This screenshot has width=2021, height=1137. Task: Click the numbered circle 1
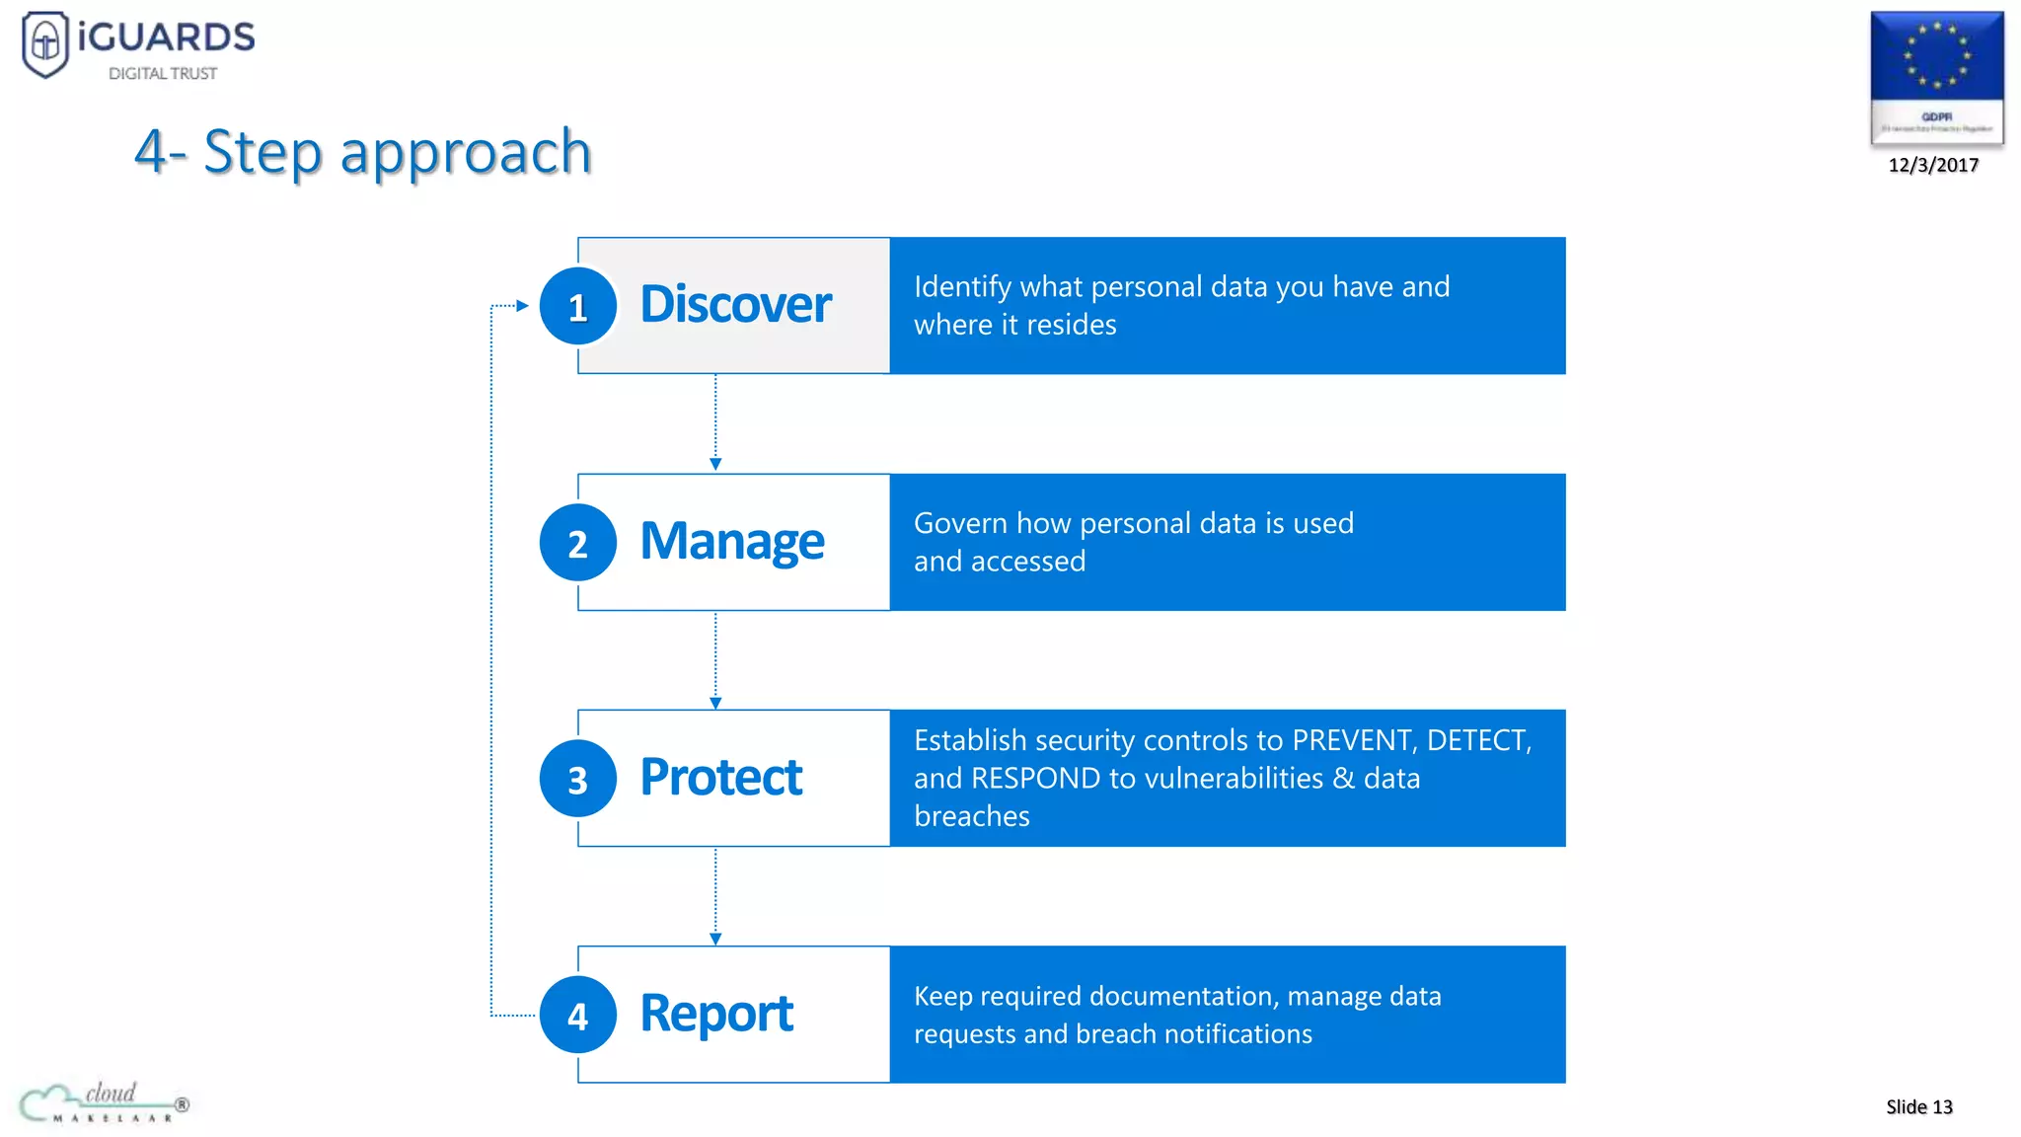pyautogui.click(x=578, y=306)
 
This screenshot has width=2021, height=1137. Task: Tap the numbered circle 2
pyautogui.click(x=578, y=543)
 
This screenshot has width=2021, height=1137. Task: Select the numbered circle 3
pyautogui.click(x=578, y=779)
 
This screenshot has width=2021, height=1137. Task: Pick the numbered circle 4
pyautogui.click(x=578, y=1015)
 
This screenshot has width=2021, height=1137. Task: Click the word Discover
pyautogui.click(x=735, y=304)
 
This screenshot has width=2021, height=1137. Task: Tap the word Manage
pyautogui.click(x=731, y=541)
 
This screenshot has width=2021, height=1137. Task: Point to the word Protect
pyautogui.click(x=720, y=777)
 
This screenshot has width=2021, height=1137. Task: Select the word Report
pyautogui.click(x=716, y=1014)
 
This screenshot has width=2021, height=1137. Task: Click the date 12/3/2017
pyautogui.click(x=1933, y=165)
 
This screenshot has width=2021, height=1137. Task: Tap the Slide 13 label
pyautogui.click(x=1918, y=1106)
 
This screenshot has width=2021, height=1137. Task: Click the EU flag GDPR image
pyautogui.click(x=1936, y=77)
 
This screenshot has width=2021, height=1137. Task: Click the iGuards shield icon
pyautogui.click(x=45, y=43)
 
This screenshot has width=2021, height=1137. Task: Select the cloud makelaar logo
pyautogui.click(x=104, y=1102)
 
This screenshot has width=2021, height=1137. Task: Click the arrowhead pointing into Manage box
pyautogui.click(x=715, y=464)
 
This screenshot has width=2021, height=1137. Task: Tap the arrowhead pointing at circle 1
pyautogui.click(x=523, y=306)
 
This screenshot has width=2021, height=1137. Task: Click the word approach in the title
pyautogui.click(x=466, y=152)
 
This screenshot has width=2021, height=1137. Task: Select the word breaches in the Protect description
pyautogui.click(x=971, y=816)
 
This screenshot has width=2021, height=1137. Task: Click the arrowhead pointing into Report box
pyautogui.click(x=715, y=939)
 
